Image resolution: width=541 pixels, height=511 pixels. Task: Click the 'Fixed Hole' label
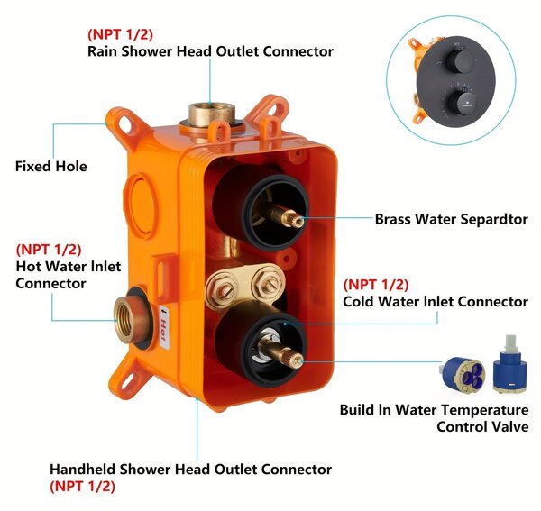point(51,166)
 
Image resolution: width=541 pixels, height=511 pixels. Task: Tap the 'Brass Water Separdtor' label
point(452,219)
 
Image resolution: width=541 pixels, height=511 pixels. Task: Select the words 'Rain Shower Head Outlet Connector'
point(210,51)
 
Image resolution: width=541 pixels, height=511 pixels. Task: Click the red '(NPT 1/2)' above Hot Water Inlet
point(49,250)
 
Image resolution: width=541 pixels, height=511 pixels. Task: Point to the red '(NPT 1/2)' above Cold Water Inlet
point(376,285)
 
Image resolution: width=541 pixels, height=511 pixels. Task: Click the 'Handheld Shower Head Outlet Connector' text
point(191,470)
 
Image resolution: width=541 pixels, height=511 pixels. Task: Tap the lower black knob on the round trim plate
point(462,101)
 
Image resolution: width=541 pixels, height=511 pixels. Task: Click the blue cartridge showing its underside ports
point(463,374)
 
